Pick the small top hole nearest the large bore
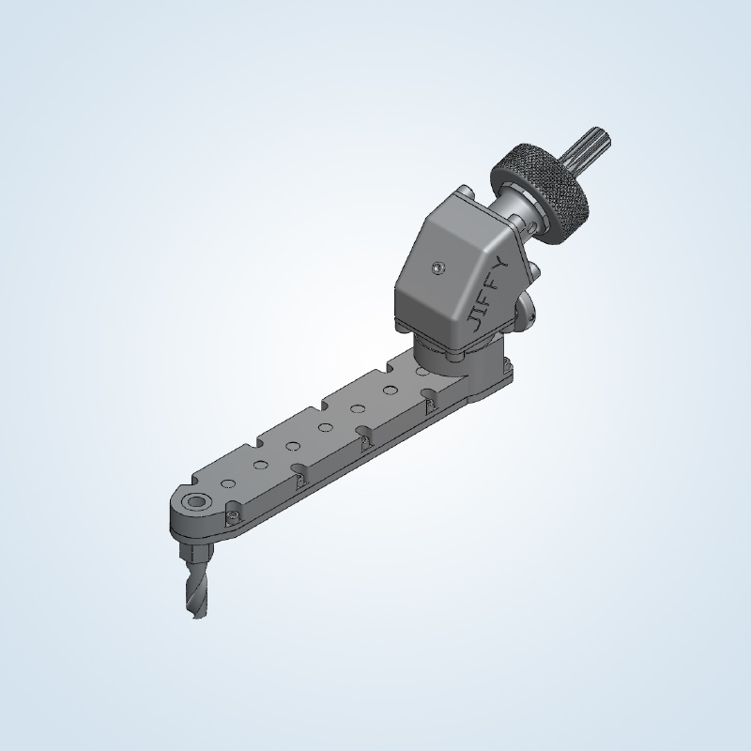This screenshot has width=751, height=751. [226, 483]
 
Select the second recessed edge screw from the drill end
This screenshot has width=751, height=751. [299, 480]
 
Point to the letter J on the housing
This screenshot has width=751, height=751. [478, 324]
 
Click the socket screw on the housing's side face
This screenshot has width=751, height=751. [438, 268]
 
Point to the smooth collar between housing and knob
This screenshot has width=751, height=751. [512, 208]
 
